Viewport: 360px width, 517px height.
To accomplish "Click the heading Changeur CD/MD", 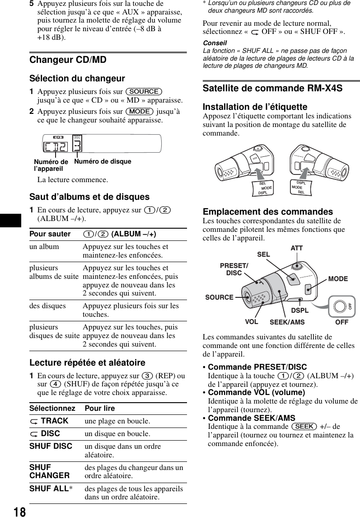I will [68, 60].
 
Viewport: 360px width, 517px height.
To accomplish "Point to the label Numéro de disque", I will [103, 161].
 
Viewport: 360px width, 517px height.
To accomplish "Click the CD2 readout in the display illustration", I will [56, 147].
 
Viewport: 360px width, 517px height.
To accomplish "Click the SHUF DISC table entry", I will [51, 446].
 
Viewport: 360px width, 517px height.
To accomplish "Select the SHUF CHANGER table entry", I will [49, 471].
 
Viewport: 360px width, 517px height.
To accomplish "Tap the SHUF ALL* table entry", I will [50, 489].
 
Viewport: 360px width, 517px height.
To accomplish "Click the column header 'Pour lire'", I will [100, 408].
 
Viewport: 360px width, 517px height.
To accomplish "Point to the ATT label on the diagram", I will [296, 248].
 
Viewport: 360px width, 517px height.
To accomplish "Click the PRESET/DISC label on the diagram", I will [234, 269].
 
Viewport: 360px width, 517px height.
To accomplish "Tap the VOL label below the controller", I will [252, 322].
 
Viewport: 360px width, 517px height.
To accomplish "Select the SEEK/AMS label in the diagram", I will [287, 322].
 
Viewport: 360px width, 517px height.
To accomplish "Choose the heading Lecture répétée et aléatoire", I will [87, 363].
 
